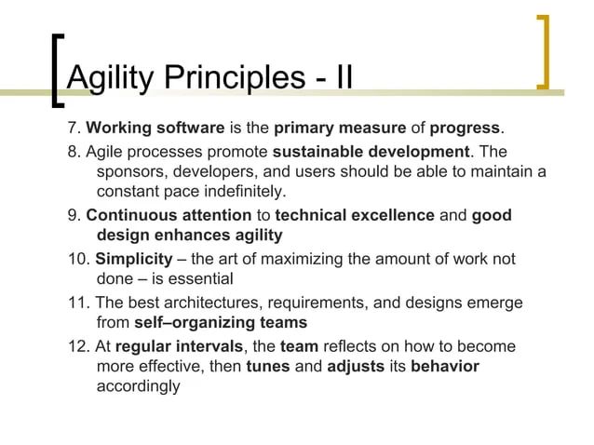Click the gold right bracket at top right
tap(543, 52)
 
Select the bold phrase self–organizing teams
tap(221, 323)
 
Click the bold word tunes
tap(267, 366)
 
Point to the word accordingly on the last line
tap(138, 386)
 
